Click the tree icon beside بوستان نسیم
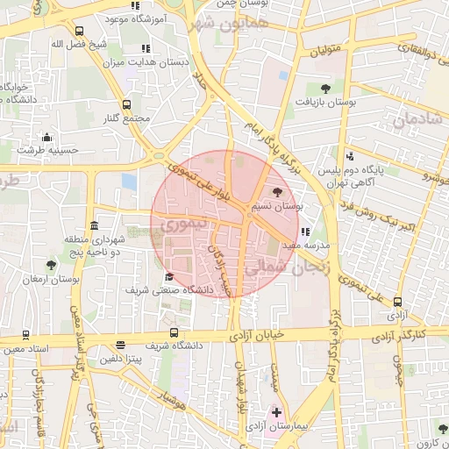[278, 193]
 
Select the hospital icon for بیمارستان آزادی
[278, 411]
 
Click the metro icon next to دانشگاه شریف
[174, 332]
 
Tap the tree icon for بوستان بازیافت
[325, 88]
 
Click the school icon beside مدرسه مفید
[305, 232]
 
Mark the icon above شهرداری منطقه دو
[94, 226]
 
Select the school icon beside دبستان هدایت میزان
[143, 48]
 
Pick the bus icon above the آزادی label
[400, 301]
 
